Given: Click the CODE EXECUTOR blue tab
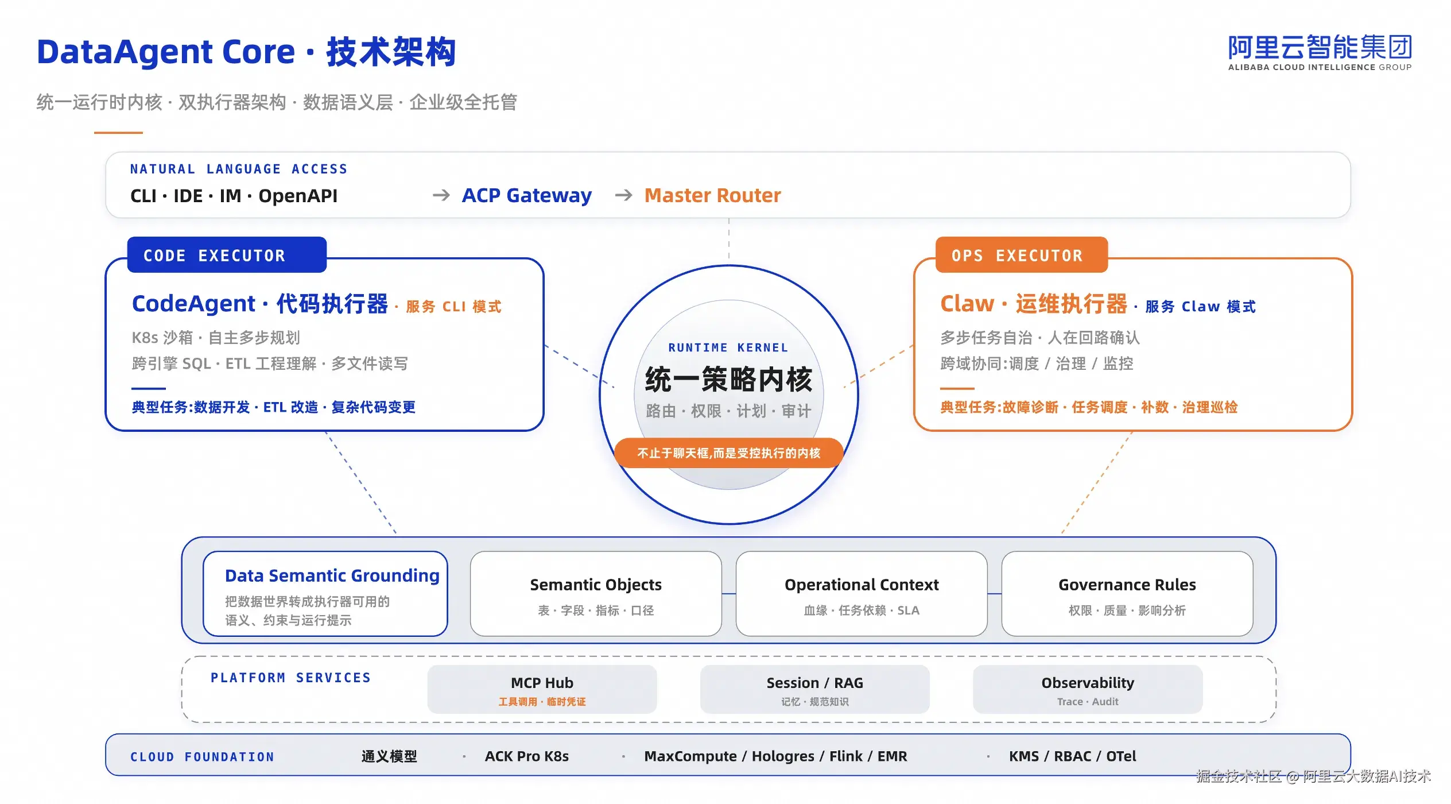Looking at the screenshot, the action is tap(227, 255).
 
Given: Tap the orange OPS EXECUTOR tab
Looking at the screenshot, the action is tap(1022, 255).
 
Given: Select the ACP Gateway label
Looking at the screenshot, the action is tap(527, 196).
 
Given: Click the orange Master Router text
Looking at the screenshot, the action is tap(712, 196).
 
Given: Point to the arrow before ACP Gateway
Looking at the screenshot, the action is tap(441, 196).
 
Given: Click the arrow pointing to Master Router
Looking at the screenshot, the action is tap(624, 196).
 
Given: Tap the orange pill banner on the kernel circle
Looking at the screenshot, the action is tap(729, 453).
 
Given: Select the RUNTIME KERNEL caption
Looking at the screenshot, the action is tap(728, 347).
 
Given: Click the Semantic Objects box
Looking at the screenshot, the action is tap(596, 594).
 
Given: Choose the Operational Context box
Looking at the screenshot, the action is tap(862, 594).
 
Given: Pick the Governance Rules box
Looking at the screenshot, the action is tap(1127, 594).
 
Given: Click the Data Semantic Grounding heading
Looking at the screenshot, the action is tap(332, 575).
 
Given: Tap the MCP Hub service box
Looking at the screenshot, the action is tap(542, 689).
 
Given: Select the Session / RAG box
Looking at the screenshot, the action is tap(814, 689).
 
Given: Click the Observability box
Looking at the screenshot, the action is tap(1088, 689).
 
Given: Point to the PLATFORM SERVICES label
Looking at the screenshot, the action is tap(291, 678).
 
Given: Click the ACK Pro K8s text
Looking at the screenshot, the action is tap(527, 756).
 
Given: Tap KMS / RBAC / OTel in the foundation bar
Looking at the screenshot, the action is tap(1073, 756).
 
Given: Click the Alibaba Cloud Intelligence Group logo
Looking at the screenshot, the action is tap(1320, 52).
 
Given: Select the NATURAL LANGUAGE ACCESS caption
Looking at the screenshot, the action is tap(239, 169).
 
